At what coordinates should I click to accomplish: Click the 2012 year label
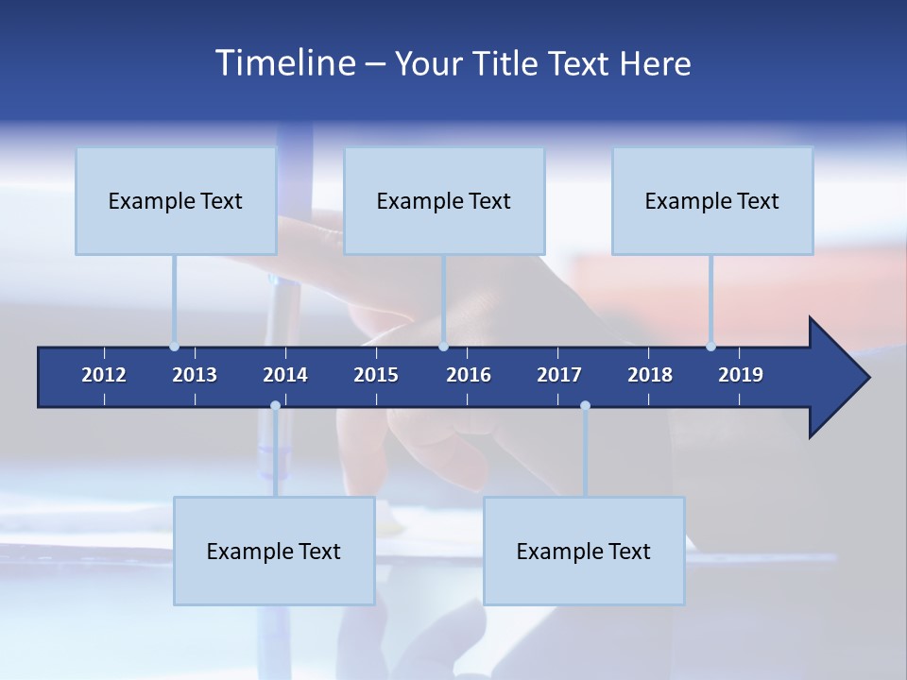[104, 375]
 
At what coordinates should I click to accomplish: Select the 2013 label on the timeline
[195, 375]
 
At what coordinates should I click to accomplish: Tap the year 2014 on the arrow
[285, 375]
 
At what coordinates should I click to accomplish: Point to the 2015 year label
[376, 375]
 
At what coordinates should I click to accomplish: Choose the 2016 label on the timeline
[469, 375]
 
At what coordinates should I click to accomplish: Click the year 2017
[559, 375]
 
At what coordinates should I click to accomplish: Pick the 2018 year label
[650, 375]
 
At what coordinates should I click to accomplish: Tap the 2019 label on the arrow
[741, 375]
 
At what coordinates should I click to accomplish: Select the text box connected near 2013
[176, 200]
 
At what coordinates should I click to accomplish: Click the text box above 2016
[444, 200]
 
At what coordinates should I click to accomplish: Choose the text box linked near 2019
[712, 200]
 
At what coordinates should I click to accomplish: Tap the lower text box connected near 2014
[274, 551]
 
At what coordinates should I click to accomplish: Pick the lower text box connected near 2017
[584, 551]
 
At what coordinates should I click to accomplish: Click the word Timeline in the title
[284, 63]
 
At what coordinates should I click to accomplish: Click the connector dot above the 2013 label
[174, 347]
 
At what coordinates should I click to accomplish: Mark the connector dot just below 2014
[275, 406]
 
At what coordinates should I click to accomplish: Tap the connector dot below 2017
[585, 406]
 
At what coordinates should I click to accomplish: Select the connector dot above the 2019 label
[710, 347]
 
